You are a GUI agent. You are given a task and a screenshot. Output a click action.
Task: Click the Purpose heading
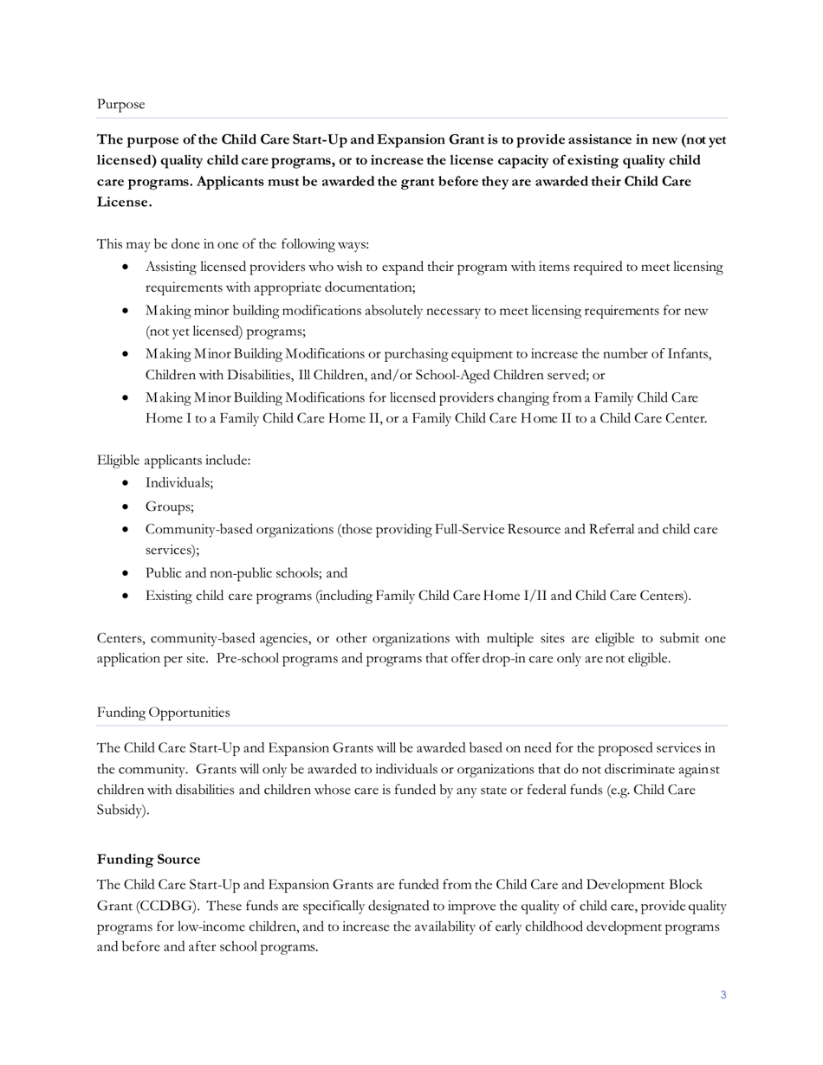coord(120,104)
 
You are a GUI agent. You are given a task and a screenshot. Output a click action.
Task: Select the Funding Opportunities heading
coord(163,712)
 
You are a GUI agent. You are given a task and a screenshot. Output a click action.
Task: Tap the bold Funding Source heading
coord(148,859)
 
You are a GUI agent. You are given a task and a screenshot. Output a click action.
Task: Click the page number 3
coord(723,995)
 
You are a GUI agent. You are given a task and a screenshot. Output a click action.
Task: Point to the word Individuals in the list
coord(178,482)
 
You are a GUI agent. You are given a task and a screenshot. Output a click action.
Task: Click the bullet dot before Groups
coord(127,507)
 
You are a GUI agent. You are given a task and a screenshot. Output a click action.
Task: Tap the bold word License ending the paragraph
coord(124,202)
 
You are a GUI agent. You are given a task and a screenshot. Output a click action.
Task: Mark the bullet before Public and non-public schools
coord(127,573)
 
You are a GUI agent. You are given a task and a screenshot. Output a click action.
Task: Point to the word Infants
coord(689,353)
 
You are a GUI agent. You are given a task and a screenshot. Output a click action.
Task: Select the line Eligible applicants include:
coord(173,460)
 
